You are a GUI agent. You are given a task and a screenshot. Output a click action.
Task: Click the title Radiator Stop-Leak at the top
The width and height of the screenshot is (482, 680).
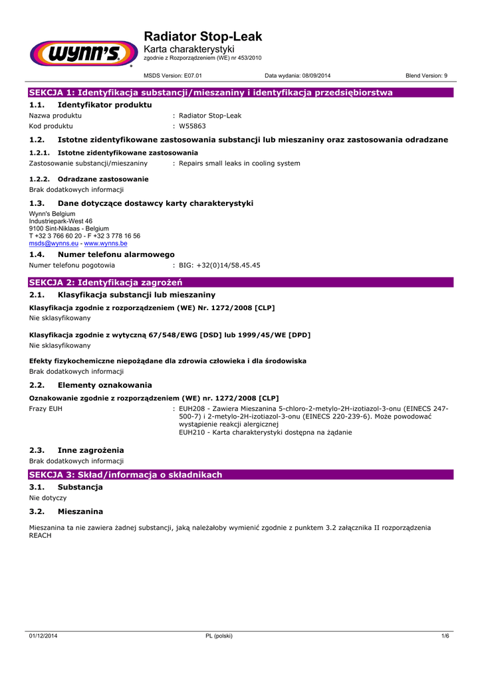(203, 37)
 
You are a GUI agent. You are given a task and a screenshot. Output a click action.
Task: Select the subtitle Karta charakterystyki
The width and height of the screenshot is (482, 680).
(189, 50)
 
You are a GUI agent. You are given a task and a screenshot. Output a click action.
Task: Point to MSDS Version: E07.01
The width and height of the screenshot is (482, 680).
(173, 76)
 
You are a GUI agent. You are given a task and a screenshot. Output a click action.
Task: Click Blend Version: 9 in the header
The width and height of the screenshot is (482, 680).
(427, 76)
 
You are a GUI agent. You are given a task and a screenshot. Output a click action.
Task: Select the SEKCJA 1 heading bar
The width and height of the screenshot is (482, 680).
(239, 92)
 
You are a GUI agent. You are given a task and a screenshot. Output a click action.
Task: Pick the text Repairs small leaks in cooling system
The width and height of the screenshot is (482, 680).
(239, 163)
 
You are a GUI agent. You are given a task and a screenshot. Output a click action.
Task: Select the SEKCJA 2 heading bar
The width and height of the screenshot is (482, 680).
(239, 282)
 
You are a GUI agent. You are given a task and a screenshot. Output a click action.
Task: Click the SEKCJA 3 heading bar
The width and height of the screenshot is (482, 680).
(239, 475)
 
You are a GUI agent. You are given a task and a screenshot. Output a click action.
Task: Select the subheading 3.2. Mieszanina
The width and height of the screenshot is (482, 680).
(66, 511)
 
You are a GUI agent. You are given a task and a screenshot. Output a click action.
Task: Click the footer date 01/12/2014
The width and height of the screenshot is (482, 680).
(43, 636)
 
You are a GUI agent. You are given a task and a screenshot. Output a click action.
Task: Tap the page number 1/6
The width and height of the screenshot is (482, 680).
(445, 636)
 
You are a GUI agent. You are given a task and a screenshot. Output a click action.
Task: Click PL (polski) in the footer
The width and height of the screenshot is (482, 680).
(219, 636)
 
